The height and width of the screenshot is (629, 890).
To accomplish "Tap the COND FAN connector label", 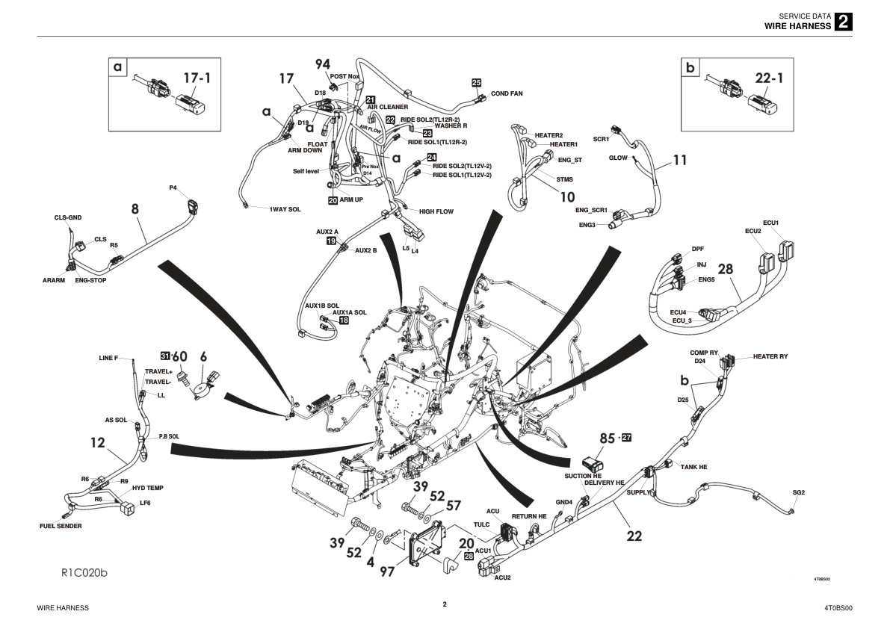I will pos(506,93).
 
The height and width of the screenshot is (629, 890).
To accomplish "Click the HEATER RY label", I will pos(770,356).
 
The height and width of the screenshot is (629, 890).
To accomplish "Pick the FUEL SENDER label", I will pos(61,526).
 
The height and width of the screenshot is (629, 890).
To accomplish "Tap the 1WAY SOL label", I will pos(285,209).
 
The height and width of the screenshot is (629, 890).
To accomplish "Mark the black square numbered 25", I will pos(476,82).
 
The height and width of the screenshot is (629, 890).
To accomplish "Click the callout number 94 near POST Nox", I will pos(322,65).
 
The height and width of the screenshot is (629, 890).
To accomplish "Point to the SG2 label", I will pos(798,492).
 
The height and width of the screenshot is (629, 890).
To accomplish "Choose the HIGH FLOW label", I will pos(436,211).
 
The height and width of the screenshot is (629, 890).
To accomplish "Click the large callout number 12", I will pos(98,442).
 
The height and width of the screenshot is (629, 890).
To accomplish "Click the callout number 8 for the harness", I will pos(135,209).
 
